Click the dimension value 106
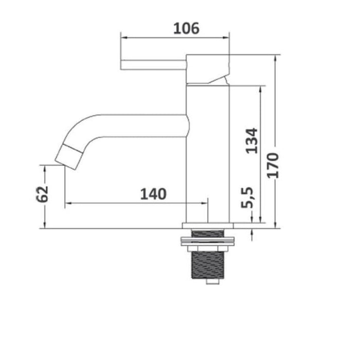pyautogui.click(x=186, y=28)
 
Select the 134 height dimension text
pyautogui.click(x=251, y=140)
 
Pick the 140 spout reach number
pyautogui.click(x=153, y=194)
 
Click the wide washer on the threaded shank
pyautogui.click(x=208, y=240)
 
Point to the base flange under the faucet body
pyautogui.click(x=208, y=226)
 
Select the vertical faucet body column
pyautogui.click(x=208, y=154)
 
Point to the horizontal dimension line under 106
pyautogui.click(x=175, y=37)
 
